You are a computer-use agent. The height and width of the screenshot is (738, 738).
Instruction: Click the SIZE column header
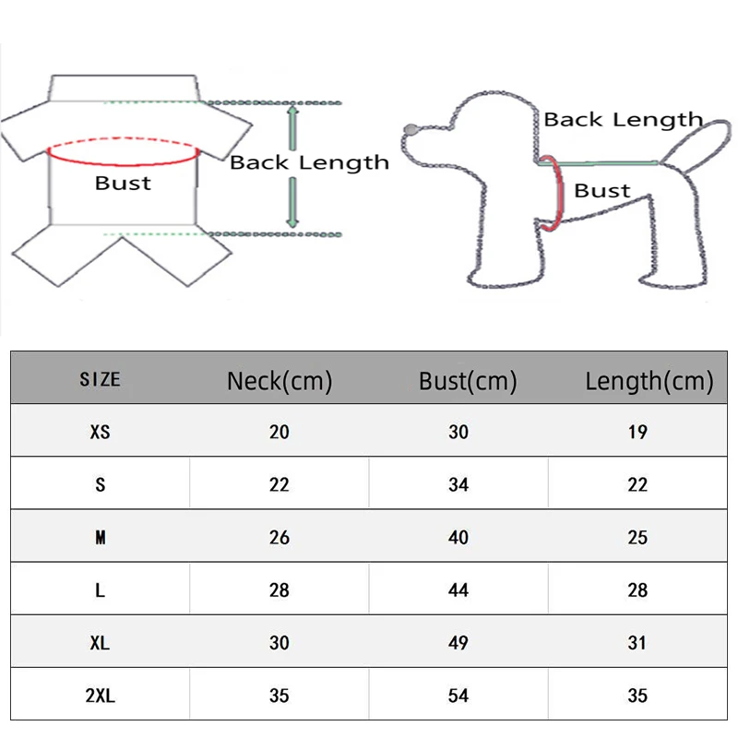point(100,379)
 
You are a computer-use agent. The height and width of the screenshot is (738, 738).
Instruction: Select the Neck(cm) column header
point(280,380)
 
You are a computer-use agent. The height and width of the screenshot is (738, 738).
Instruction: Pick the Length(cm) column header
point(649,380)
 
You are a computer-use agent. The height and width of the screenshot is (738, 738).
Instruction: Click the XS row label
point(101,432)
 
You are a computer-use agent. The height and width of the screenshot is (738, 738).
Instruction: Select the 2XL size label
point(101,696)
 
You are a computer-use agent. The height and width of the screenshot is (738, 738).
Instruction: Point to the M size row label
point(101,538)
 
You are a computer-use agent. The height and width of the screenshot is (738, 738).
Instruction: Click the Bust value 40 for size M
point(458,538)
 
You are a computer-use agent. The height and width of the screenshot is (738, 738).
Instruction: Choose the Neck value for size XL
point(280,643)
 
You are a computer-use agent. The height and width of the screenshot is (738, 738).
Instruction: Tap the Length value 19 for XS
point(637,432)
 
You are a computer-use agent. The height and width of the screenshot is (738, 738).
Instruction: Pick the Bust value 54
point(458,696)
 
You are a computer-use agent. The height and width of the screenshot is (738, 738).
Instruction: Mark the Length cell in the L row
point(637,590)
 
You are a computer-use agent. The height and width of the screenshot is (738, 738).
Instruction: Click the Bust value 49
point(458,643)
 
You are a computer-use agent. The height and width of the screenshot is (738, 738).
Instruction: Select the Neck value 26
point(280,538)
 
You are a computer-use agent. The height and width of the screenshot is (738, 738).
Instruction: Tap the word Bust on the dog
point(601,191)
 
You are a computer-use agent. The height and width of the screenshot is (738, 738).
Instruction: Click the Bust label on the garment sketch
point(123,183)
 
